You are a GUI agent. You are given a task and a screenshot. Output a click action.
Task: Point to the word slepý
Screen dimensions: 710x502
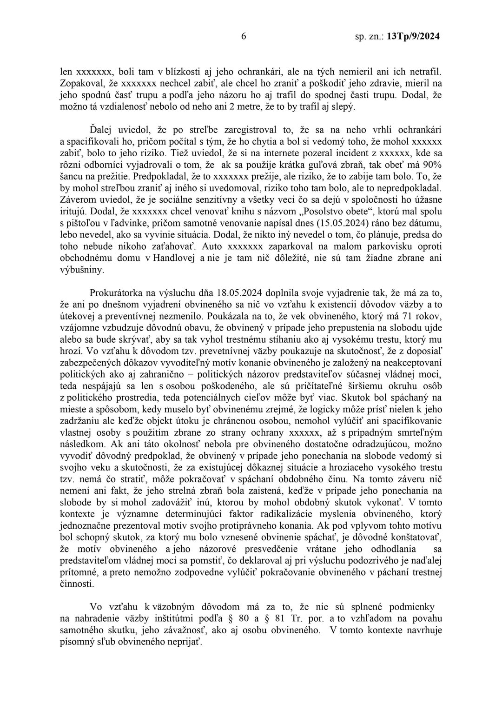[343, 107]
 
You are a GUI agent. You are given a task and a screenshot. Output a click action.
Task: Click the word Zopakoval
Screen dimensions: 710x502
[82, 84]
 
